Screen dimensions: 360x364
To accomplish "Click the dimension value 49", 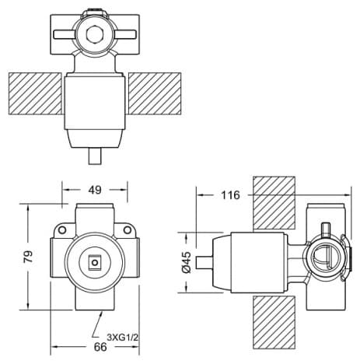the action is (95, 190).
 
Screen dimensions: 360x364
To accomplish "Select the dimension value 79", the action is (28, 257).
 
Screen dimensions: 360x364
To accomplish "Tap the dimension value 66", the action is (100, 347).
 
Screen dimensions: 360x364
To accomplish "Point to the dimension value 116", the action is (230, 195).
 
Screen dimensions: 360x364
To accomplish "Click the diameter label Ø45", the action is (187, 262).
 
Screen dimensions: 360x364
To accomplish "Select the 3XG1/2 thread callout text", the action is (123, 338).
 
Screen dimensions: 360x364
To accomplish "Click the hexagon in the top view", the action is (96, 34).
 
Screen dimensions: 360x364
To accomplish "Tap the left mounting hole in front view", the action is (61, 229).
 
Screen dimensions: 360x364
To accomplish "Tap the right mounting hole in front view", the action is (127, 229).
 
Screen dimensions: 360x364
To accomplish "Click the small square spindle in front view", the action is (95, 263).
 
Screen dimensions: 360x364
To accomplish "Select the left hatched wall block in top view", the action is (35, 93).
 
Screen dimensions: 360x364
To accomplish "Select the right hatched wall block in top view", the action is (155, 93).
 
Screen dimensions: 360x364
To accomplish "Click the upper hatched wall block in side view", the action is (274, 203).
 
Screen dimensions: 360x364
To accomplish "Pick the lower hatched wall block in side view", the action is (274, 323).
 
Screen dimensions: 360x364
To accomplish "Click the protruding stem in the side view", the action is (204, 263).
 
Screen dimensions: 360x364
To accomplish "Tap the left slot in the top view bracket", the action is (65, 34).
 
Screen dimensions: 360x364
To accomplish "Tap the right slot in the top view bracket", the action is (126, 34).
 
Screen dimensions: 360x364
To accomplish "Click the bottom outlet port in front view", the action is (95, 299).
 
